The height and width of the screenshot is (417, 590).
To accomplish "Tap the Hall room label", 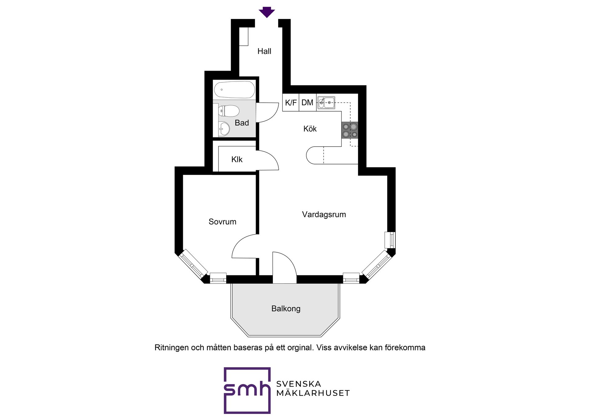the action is pyautogui.click(x=264, y=51).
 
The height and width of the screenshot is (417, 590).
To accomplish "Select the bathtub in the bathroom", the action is pyautogui.click(x=234, y=89).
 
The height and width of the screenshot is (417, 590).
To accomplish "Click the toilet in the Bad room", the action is pyautogui.click(x=229, y=111).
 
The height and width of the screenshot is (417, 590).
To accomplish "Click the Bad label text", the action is pyautogui.click(x=242, y=123).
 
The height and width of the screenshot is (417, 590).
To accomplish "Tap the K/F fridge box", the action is pyautogui.click(x=291, y=102).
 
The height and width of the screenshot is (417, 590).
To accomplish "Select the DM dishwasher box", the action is pyautogui.click(x=308, y=102).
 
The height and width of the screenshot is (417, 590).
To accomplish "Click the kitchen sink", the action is pyautogui.click(x=326, y=103).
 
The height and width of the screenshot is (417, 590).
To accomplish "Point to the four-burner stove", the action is pyautogui.click(x=350, y=130).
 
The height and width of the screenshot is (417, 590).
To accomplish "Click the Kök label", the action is pyautogui.click(x=310, y=129).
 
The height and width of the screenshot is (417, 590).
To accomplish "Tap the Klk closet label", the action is pyautogui.click(x=237, y=159).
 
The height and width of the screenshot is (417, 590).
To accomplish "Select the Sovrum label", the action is pyautogui.click(x=222, y=222).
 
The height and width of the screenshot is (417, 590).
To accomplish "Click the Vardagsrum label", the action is pyautogui.click(x=324, y=214).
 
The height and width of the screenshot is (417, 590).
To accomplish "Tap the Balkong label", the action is pyautogui.click(x=286, y=309).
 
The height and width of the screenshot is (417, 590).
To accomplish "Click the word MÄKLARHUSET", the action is pyautogui.click(x=313, y=393).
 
